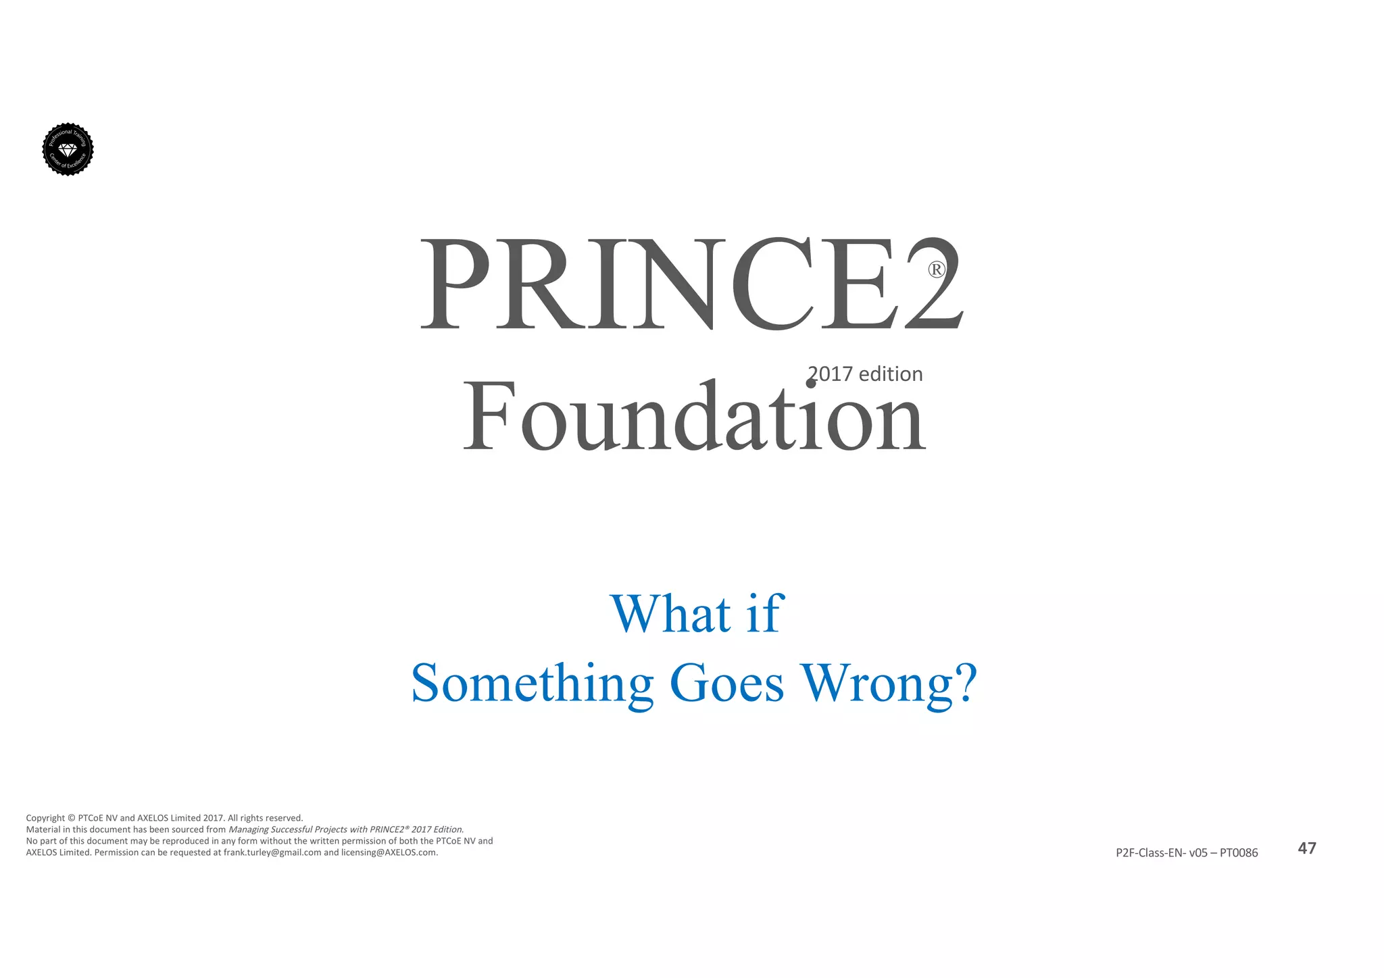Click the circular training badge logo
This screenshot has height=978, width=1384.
click(68, 149)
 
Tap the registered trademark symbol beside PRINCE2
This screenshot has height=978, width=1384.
click(936, 270)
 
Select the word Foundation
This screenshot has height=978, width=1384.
click(693, 417)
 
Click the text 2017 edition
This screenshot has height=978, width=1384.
click(866, 374)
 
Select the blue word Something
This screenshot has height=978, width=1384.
click(533, 683)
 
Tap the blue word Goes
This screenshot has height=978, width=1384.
click(726, 683)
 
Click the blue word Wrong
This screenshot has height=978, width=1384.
click(876, 683)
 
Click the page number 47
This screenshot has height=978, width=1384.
click(1307, 848)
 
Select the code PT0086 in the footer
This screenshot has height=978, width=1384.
click(1239, 853)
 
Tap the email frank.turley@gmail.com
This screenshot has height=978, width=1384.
click(272, 852)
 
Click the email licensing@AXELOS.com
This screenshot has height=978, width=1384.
click(389, 852)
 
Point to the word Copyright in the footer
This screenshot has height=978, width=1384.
click(45, 818)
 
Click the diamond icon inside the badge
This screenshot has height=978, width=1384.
click(68, 149)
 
